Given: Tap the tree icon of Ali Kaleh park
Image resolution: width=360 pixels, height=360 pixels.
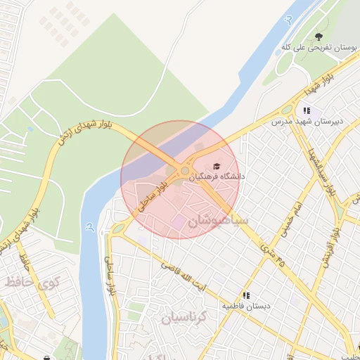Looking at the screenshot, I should click(x=319, y=36).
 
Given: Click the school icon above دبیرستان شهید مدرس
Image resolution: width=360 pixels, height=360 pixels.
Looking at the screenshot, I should click(x=306, y=110).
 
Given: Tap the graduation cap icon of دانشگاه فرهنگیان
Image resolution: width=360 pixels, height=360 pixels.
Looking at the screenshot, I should click(x=216, y=166).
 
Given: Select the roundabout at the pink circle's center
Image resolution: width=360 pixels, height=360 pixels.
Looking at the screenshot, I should click(x=184, y=171).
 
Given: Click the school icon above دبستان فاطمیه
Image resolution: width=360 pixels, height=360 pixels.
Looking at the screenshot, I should click(x=246, y=295).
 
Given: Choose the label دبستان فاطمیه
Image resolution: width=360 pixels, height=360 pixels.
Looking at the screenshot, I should click(x=247, y=307).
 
